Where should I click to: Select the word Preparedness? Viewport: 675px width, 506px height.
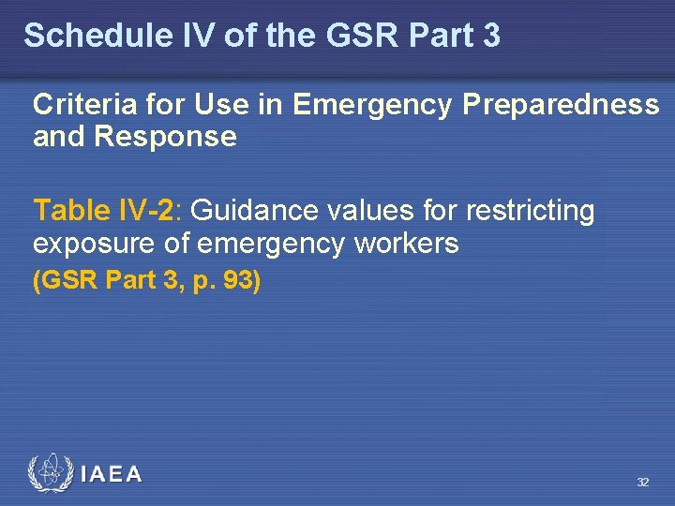561,105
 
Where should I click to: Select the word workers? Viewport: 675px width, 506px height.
406,244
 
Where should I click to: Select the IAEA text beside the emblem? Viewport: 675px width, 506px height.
112,474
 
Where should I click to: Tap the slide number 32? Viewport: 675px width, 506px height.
642,482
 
